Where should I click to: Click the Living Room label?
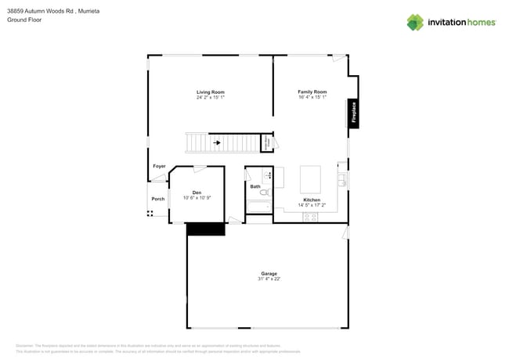click(210, 92)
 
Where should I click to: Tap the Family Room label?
click(312, 92)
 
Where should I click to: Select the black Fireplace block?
click(354, 113)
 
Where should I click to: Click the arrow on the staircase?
click(217, 142)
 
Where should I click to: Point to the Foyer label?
click(159, 166)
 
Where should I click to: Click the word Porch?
click(158, 199)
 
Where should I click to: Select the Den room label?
click(197, 193)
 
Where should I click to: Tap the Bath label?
click(255, 186)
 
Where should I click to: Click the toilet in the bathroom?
click(264, 192)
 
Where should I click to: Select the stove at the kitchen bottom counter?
click(310, 217)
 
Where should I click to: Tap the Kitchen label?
click(312, 200)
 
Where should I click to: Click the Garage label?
click(269, 273)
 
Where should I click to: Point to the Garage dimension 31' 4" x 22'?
click(269, 279)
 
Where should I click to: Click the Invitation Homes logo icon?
click(414, 22)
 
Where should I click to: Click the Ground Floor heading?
click(24, 20)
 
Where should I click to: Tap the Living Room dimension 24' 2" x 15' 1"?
click(210, 98)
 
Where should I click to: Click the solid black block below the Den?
click(205, 229)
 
